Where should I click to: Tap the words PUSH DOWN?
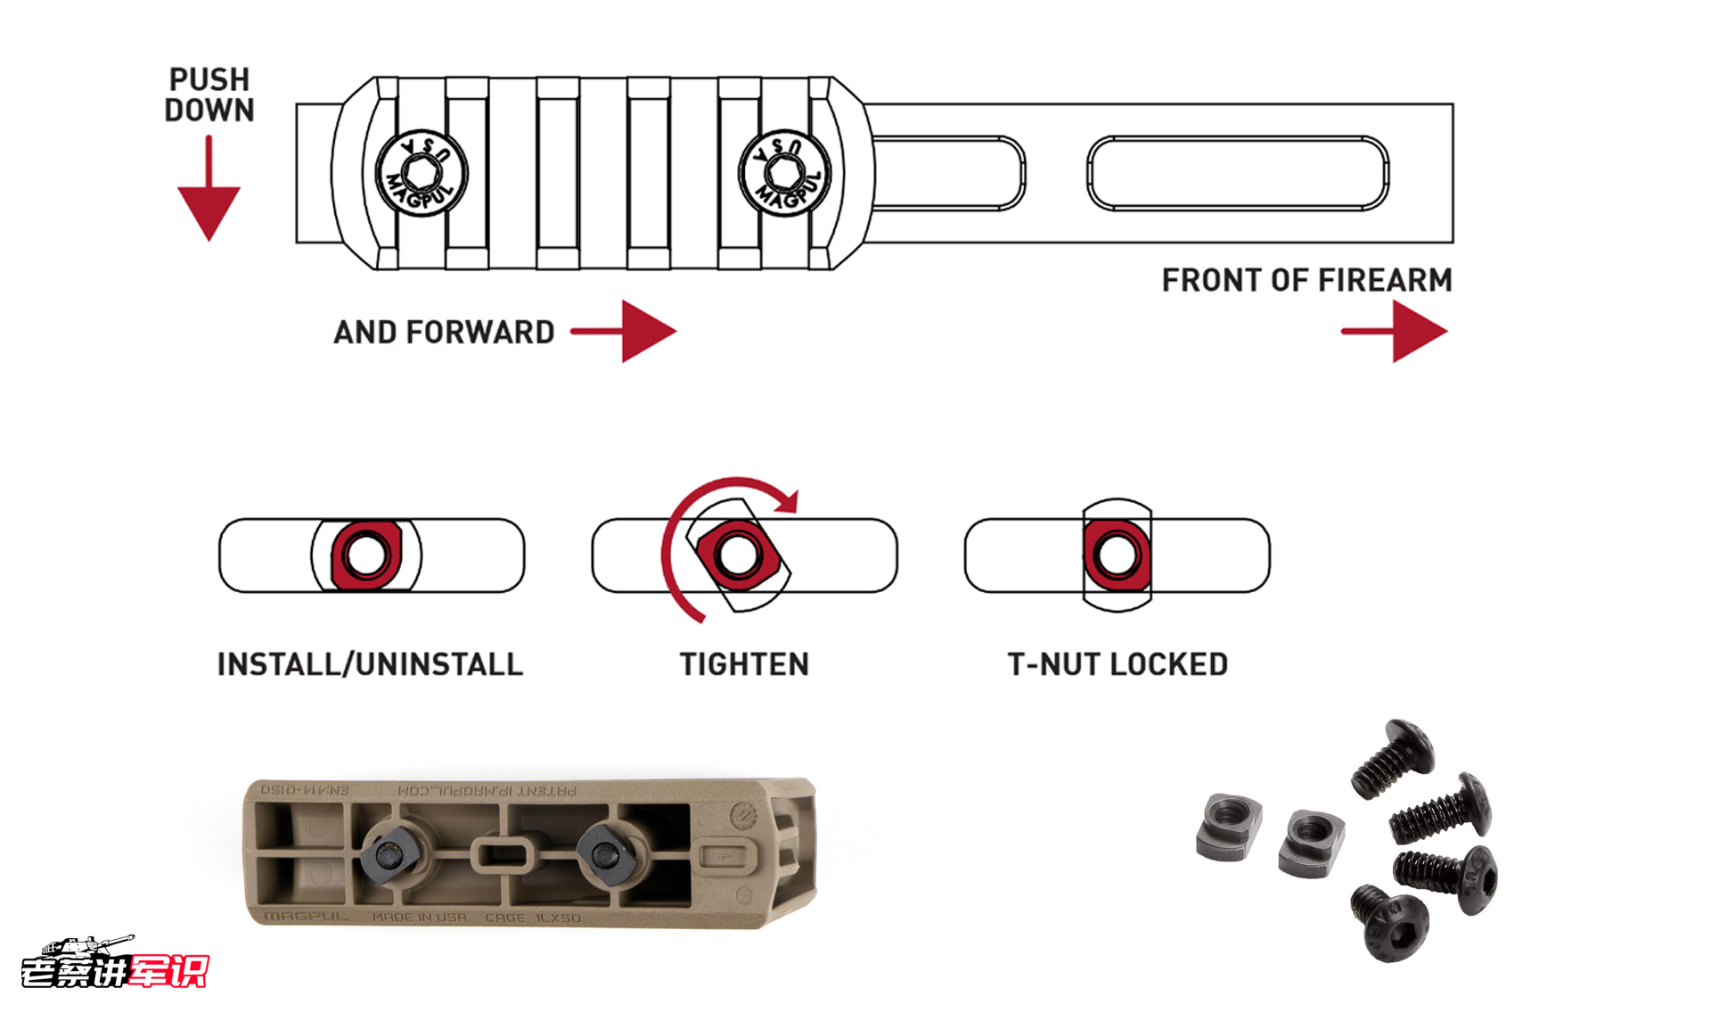(x=209, y=95)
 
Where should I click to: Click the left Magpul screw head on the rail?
(x=421, y=172)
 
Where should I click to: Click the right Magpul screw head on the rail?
(x=784, y=172)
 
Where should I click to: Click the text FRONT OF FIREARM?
(x=1306, y=280)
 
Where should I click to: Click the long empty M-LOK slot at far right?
(x=1237, y=173)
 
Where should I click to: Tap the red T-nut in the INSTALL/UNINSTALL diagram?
(x=365, y=556)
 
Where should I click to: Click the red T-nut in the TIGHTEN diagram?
(x=738, y=556)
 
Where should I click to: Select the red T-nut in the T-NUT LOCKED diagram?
(x=1117, y=556)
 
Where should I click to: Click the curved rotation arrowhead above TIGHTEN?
(x=788, y=501)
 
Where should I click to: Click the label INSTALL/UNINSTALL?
(x=370, y=664)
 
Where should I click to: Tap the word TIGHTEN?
(x=744, y=664)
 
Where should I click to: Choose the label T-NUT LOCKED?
(x=1117, y=664)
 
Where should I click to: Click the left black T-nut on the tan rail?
(x=389, y=855)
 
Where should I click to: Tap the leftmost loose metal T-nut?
(x=1230, y=828)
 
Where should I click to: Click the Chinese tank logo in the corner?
(x=113, y=963)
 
